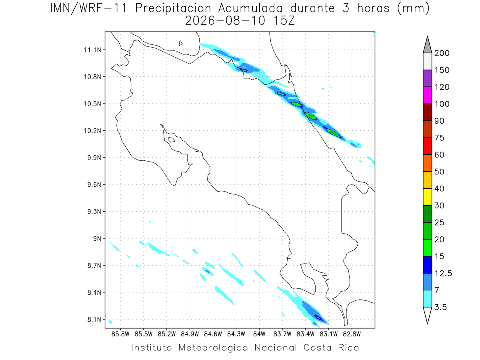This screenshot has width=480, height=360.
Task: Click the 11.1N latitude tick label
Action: click(92, 50)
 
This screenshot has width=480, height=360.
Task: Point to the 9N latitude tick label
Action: click(97, 238)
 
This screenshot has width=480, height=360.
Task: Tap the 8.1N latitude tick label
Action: click(94, 319)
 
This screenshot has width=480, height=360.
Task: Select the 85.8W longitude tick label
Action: click(120, 334)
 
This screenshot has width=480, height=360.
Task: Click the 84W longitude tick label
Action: click(259, 334)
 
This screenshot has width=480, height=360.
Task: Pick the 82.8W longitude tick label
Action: click(352, 334)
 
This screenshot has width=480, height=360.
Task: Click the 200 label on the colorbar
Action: click(442, 53)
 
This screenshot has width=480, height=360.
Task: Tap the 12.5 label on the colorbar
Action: click(443, 273)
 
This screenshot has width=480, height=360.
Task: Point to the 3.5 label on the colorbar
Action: click(440, 307)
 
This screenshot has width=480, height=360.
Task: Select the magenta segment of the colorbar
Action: click(427, 95)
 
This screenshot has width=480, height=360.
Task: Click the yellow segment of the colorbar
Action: click(427, 197)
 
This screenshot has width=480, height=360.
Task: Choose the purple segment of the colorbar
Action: click(427, 78)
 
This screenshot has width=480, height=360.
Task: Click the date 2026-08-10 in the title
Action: click(225, 21)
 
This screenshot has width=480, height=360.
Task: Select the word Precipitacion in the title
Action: click(173, 9)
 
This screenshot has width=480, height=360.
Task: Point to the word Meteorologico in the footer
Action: click(213, 348)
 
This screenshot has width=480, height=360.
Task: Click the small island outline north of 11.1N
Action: click(180, 43)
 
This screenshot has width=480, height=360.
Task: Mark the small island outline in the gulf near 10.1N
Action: click(172, 140)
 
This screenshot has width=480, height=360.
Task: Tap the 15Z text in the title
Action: click(284, 21)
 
